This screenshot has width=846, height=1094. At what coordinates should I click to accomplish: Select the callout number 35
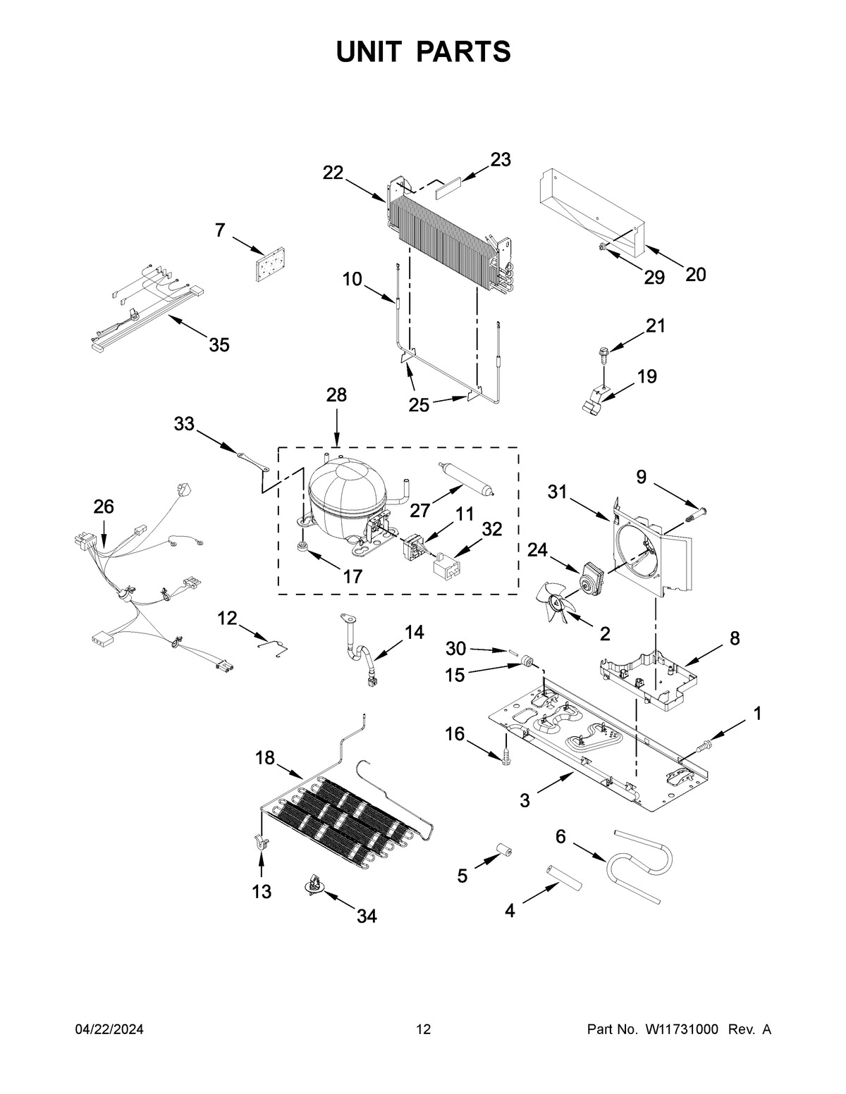tap(219, 345)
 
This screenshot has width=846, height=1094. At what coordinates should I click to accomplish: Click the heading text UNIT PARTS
tap(423, 52)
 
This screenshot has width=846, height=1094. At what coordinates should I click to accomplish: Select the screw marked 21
tap(603, 353)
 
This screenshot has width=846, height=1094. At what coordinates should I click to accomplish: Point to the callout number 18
tap(264, 758)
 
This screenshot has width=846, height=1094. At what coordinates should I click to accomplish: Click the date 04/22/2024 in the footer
tap(109, 1029)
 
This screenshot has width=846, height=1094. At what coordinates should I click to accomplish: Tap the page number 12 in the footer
tap(423, 1029)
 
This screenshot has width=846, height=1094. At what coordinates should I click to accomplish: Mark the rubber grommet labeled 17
tap(303, 547)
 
